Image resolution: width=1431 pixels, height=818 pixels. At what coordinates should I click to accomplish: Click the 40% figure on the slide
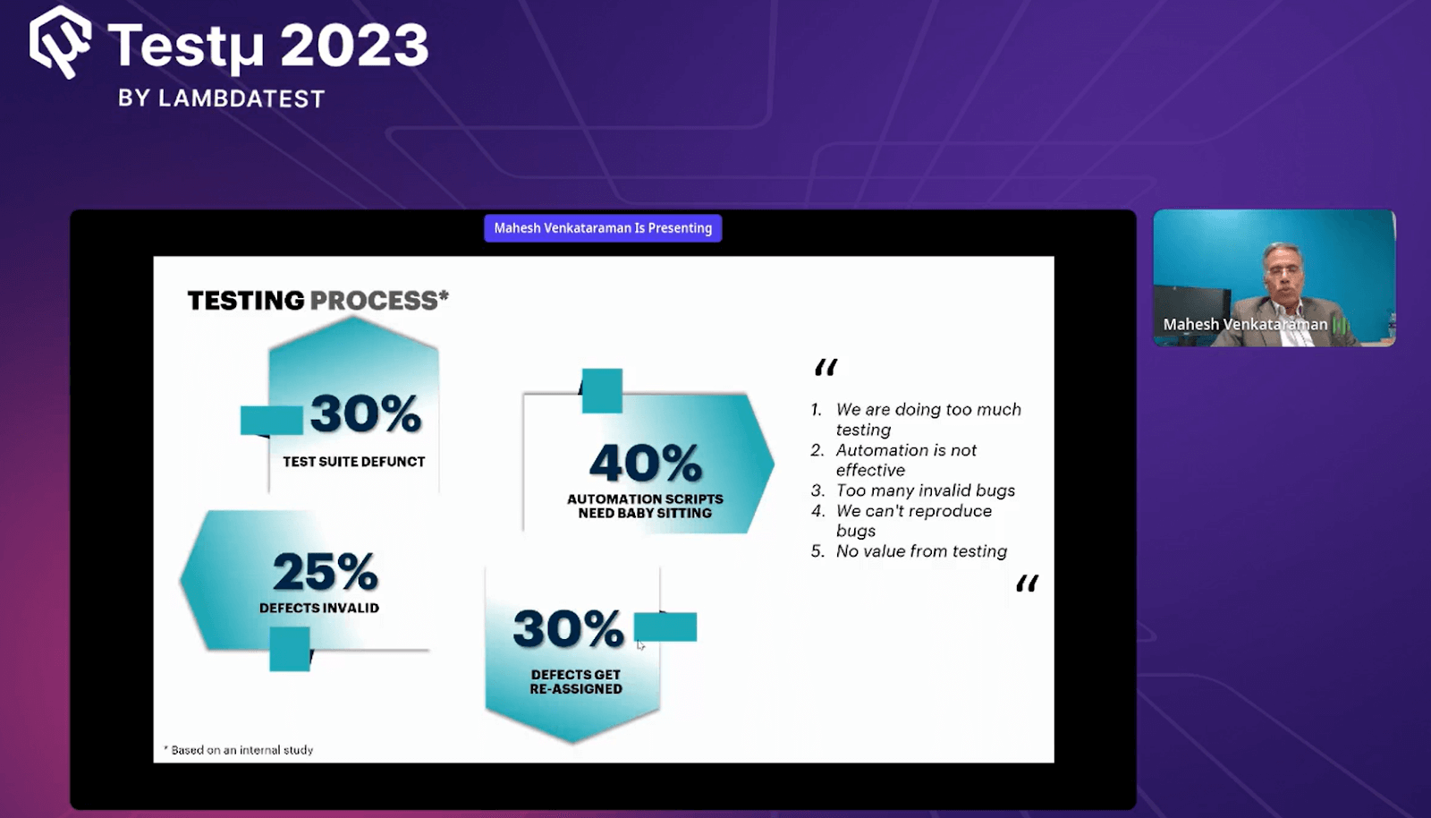pos(645,463)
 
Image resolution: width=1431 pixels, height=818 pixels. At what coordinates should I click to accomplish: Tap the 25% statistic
pos(325,572)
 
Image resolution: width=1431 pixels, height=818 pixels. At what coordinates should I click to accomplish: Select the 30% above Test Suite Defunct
pos(366,413)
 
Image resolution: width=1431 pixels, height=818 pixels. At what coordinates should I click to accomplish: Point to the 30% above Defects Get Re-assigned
pos(568,628)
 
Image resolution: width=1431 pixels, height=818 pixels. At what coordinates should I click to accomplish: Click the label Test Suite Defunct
pos(354,462)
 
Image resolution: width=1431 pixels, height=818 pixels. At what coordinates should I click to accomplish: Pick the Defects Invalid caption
pos(319,608)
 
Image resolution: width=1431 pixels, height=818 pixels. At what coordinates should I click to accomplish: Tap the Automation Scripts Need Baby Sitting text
pos(645,506)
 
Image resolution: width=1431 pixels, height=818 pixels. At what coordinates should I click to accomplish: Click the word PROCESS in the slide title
pos(374,301)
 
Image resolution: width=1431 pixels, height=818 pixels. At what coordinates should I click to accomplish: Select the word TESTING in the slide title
pos(246,301)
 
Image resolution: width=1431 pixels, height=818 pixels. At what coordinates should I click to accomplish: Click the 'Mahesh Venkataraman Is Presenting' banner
pos(603,228)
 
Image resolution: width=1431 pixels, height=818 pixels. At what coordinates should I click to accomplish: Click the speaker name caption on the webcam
pos(1245,324)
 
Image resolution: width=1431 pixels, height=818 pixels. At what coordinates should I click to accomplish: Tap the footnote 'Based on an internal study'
pos(241,750)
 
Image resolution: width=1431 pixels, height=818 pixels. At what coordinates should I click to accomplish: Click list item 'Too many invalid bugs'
pos(925,490)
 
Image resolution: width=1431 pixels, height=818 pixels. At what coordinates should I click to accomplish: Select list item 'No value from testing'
pos(920,551)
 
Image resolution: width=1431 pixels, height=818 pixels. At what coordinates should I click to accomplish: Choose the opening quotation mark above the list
pos(826,367)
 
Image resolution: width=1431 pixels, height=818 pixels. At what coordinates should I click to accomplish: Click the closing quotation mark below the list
pos(1027,584)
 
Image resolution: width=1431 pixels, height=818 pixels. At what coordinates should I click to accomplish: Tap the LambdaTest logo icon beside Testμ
pos(60,42)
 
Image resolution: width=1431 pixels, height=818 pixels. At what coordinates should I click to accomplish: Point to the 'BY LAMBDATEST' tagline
pos(221,98)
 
